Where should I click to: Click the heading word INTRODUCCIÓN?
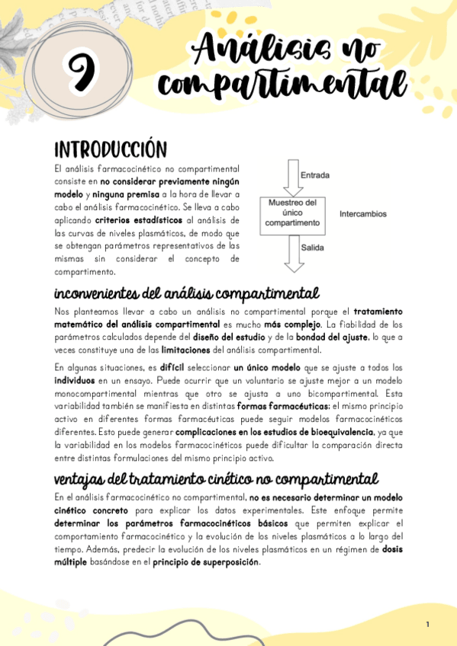(110, 149)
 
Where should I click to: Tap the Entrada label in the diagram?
(315, 175)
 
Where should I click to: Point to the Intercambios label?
(363, 214)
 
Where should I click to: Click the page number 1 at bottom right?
(428, 625)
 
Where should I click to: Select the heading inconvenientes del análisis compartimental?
(187, 293)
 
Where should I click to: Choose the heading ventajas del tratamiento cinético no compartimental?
(216, 479)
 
